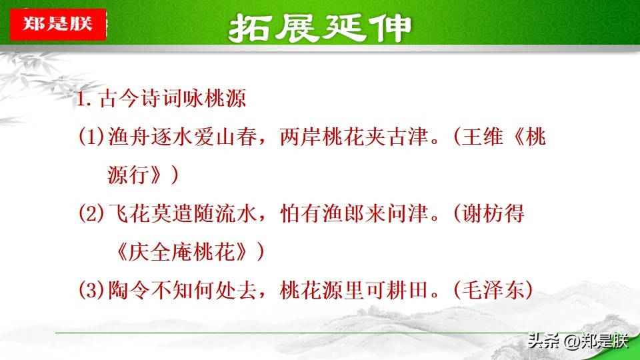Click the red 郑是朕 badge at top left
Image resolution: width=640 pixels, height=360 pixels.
[58, 25]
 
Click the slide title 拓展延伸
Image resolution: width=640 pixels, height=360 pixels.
[320, 27]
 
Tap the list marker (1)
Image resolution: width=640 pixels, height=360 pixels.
[92, 137]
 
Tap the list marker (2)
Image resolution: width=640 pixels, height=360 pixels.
[92, 214]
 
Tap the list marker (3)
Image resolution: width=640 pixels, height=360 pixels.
[92, 291]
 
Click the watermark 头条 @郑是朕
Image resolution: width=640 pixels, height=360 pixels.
[578, 341]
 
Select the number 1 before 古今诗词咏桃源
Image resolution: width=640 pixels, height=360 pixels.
[81, 101]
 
